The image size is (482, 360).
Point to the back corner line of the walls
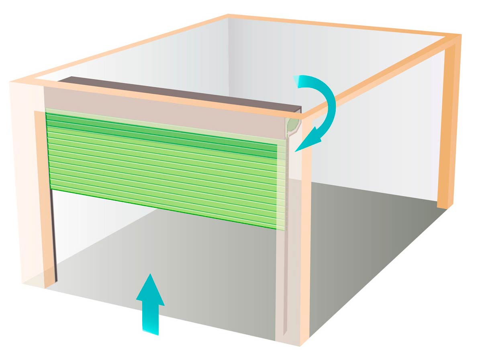click(228, 60)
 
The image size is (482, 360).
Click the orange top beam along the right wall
click(382, 72)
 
